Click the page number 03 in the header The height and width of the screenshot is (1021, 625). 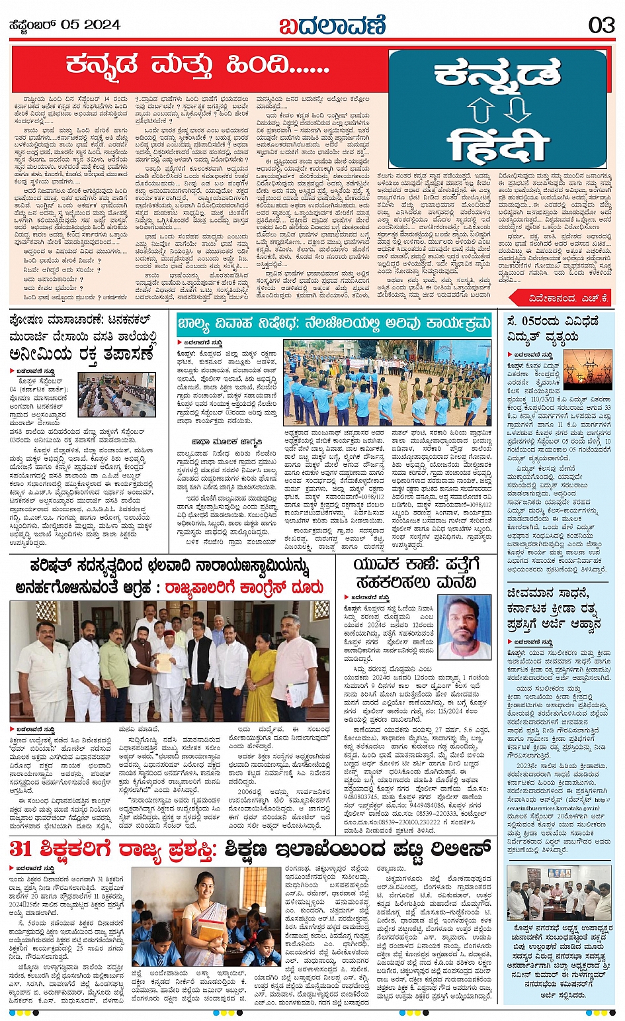pyautogui.click(x=601, y=25)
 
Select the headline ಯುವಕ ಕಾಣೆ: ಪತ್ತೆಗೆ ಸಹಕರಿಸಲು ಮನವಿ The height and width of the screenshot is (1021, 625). pyautogui.click(x=415, y=573)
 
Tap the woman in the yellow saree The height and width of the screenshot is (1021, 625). pyautogui.click(x=262, y=669)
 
